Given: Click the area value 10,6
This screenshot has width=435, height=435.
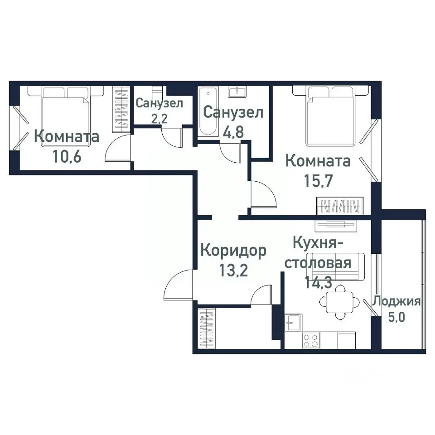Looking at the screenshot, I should tap(67, 157).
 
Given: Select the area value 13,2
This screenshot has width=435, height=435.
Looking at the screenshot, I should tap(233, 271).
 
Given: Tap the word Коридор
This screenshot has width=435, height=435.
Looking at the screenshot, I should tap(233, 251).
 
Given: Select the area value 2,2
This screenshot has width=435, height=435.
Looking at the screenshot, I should tap(159, 119).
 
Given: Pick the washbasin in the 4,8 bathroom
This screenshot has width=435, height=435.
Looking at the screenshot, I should tap(237, 92).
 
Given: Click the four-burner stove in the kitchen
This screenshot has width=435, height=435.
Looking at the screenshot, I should tap(311, 340).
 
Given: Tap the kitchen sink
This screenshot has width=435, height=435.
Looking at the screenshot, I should tap(293, 322).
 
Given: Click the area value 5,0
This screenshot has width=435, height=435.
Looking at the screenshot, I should tap(397, 316).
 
